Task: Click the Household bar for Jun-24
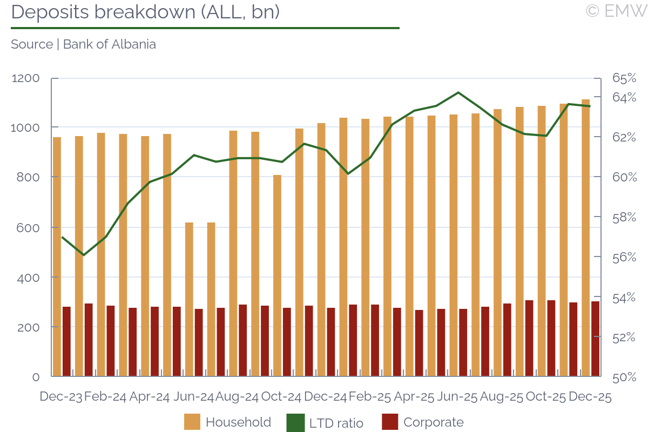[189, 300]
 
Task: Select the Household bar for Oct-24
[277, 275]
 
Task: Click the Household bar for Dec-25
[585, 238]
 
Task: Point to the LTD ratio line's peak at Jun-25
[458, 92]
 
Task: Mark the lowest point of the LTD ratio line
[83, 255]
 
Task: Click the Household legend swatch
[192, 422]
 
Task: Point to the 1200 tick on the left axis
[26, 78]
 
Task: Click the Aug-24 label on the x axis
[237, 397]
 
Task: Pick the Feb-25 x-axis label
[370, 397]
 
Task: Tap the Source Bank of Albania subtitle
[84, 44]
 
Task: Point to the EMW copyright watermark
[616, 11]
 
